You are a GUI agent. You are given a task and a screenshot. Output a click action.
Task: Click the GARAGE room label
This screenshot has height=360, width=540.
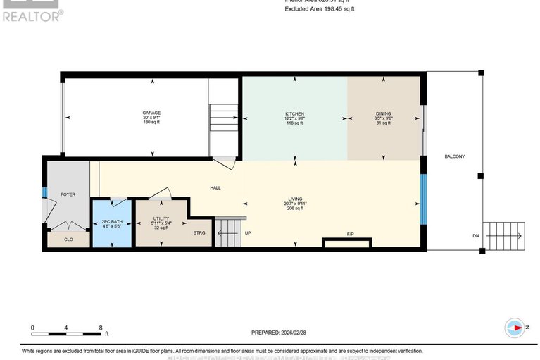[151, 113]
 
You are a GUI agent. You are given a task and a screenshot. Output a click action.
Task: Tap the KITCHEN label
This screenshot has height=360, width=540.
[294, 113]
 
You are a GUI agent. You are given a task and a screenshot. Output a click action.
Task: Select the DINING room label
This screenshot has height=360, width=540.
[383, 113]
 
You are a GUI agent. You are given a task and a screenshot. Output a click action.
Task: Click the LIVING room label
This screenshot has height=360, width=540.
[294, 199]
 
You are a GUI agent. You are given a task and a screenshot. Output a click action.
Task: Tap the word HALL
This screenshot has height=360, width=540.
[215, 188]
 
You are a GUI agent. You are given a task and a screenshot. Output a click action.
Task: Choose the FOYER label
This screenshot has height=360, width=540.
[68, 194]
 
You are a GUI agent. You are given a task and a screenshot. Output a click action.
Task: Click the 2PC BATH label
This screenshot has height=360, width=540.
[112, 222]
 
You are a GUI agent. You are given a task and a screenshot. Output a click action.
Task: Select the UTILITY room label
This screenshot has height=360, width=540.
[161, 219]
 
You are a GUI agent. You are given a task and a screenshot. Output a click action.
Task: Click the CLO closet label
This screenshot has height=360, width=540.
[68, 240]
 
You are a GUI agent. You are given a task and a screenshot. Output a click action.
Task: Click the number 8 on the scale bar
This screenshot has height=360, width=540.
[101, 328]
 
